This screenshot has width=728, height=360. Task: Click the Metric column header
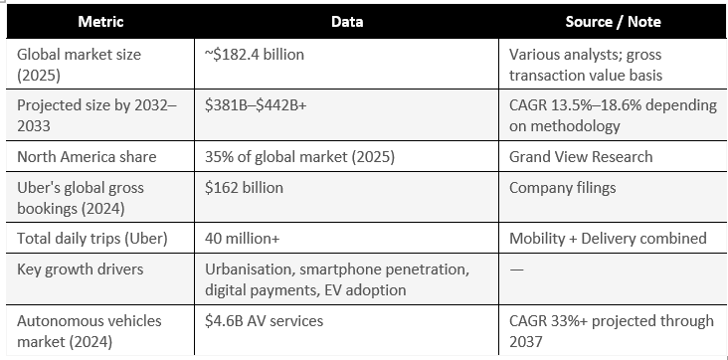coord(100,22)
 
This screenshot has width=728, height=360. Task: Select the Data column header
coord(347,22)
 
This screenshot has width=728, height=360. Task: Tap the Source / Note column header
coord(613,22)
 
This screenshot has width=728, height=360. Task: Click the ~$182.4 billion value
coord(255,55)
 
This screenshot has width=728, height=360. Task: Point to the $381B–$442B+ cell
coord(256,105)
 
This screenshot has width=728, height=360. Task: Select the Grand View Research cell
coord(581,156)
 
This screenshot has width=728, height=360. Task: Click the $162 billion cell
coord(244,188)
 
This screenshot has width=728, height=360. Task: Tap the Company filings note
coord(562,188)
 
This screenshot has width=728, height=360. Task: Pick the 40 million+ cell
coord(243,239)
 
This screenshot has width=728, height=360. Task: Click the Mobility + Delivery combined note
coord(608,239)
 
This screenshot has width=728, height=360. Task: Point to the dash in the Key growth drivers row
coord(516,270)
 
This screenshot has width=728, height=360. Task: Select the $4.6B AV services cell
coord(264,321)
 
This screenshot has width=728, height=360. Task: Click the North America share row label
coord(87,156)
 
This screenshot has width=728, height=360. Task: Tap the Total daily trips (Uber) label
coord(91,239)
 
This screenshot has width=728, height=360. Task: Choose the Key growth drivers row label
coord(81,270)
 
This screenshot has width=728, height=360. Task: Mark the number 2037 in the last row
coord(525,342)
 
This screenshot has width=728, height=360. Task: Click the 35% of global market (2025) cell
coord(299,157)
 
